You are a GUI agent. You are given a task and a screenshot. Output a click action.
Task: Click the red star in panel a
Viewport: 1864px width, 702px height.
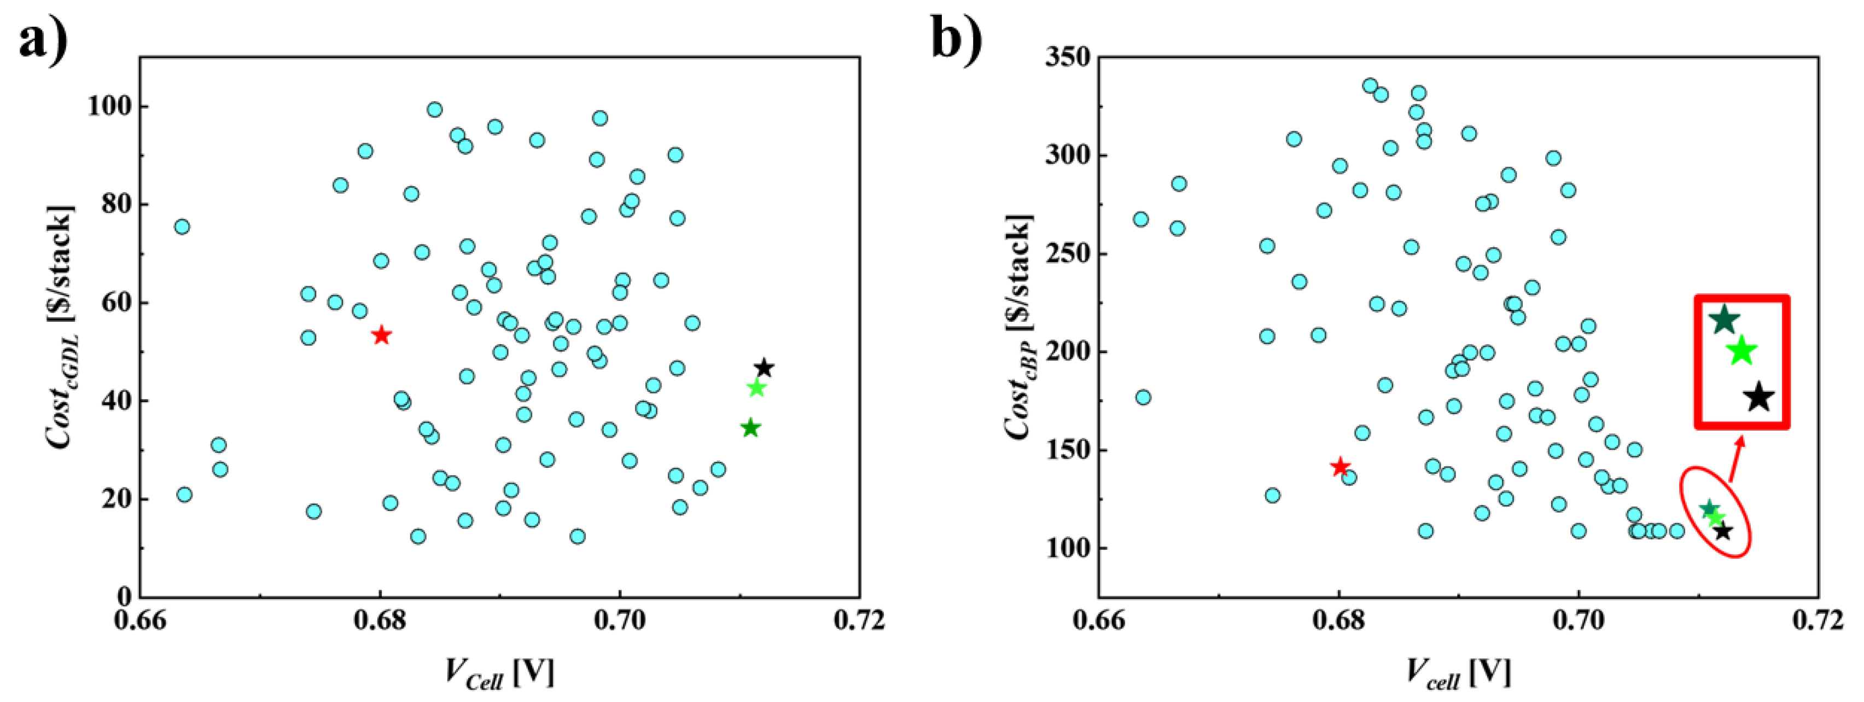pos(381,335)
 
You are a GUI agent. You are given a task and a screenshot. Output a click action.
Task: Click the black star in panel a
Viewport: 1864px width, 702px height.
pos(764,368)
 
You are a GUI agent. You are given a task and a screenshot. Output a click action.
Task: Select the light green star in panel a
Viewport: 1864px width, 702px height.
pos(756,388)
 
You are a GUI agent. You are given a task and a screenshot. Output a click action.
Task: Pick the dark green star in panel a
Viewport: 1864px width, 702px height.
pos(750,428)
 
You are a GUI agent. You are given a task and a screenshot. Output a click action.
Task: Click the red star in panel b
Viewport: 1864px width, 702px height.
pos(1340,467)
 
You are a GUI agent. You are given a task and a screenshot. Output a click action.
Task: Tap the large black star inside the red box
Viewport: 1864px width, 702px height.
pos(1759,397)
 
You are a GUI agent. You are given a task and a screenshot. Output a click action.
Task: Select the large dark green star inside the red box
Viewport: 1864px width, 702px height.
pos(1725,319)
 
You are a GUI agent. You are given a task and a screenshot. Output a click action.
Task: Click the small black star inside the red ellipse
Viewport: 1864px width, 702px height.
pos(1723,531)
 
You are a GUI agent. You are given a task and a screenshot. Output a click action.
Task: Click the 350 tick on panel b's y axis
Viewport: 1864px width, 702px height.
pos(1067,57)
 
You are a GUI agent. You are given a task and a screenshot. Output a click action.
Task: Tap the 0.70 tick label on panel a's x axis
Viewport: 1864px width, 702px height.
pos(619,621)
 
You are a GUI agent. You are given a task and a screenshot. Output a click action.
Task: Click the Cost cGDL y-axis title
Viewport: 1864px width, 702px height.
pos(61,327)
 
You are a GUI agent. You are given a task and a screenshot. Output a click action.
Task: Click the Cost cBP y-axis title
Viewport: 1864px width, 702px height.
pos(1019,327)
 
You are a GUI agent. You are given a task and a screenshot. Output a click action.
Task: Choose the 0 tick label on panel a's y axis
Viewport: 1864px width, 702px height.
pos(125,597)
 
